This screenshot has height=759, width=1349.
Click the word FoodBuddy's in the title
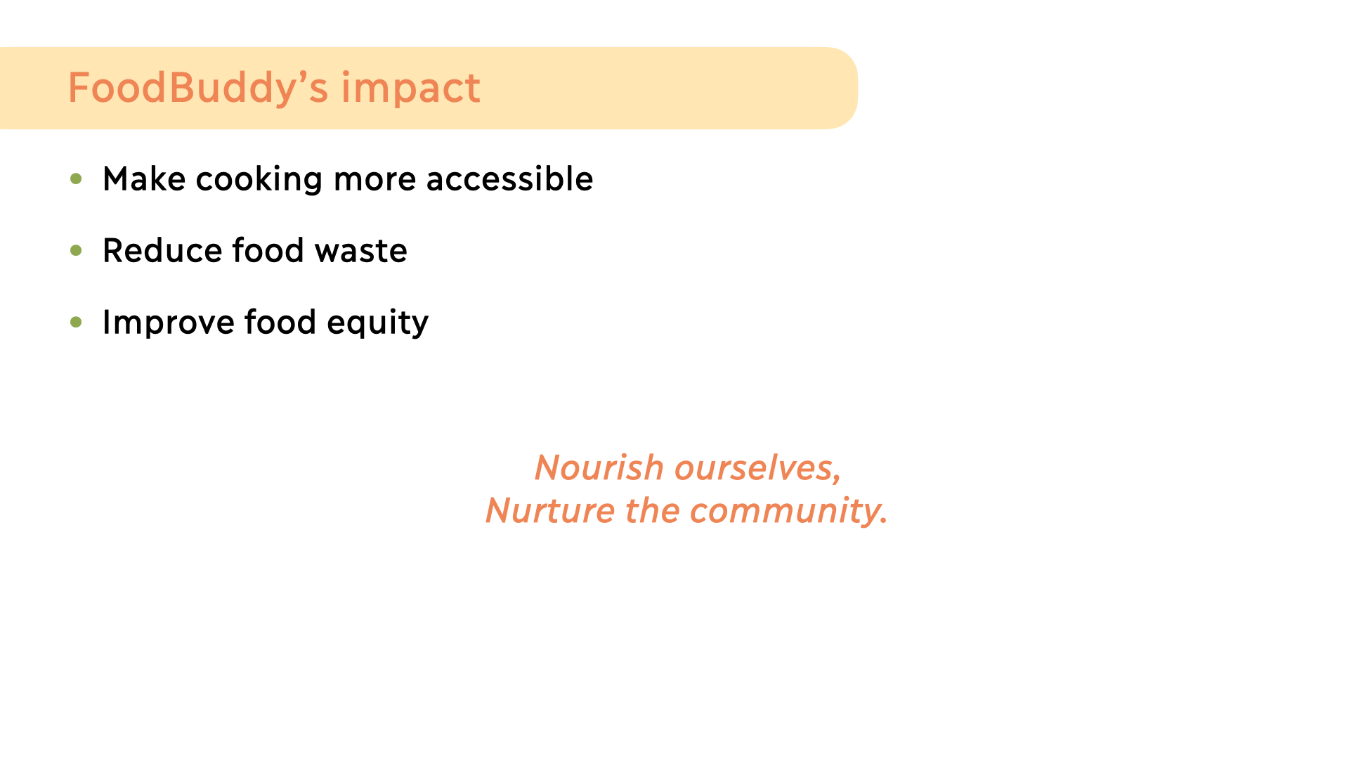tap(198, 88)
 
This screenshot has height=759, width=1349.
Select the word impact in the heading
tap(411, 89)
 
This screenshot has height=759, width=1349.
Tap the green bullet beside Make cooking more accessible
tap(77, 179)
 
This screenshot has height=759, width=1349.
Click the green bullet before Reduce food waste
tap(77, 250)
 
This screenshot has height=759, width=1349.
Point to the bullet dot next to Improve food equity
tap(77, 322)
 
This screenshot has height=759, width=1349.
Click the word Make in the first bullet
tap(144, 179)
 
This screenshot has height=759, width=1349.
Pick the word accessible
tap(510, 179)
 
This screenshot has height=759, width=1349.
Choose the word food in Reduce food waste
tap(268, 250)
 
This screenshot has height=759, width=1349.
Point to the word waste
tap(360, 252)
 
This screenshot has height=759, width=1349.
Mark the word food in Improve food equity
tap(280, 322)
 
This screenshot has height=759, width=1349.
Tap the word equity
tap(377, 323)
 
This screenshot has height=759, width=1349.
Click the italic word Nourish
tap(599, 467)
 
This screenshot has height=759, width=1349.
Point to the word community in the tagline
tap(788, 512)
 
